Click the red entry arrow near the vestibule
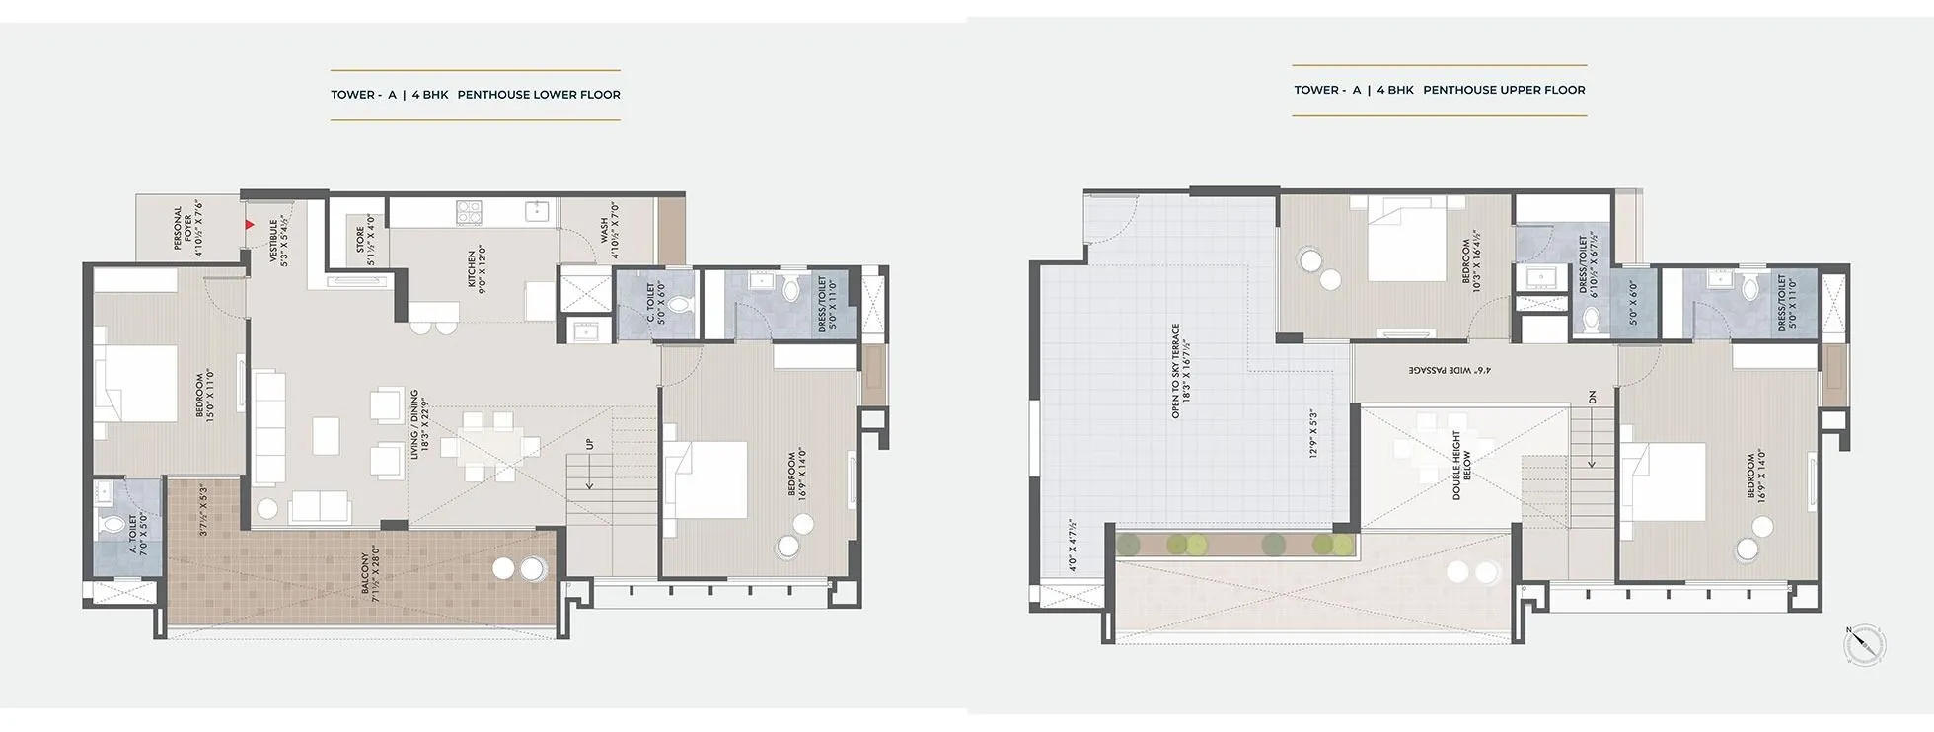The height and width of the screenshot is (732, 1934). pyautogui.click(x=251, y=225)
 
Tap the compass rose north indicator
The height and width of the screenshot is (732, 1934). pyautogui.click(x=1864, y=645)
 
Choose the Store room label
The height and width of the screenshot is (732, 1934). pyautogui.click(x=366, y=241)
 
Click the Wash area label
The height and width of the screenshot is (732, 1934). pyautogui.click(x=609, y=231)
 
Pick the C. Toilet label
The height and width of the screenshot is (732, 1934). pyautogui.click(x=656, y=303)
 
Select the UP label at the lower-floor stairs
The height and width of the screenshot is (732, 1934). pyautogui.click(x=590, y=444)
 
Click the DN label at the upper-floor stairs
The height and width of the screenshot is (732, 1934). pyautogui.click(x=1592, y=398)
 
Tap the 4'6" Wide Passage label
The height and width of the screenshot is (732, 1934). pyautogui.click(x=1449, y=370)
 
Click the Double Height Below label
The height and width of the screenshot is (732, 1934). pyautogui.click(x=1461, y=465)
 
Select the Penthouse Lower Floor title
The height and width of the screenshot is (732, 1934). pyautogui.click(x=476, y=95)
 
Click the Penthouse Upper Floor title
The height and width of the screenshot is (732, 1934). pyautogui.click(x=1440, y=90)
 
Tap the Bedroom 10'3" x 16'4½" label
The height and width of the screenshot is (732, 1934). pyautogui.click(x=1471, y=258)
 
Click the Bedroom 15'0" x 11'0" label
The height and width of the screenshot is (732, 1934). pyautogui.click(x=205, y=394)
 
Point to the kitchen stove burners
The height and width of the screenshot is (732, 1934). pyautogui.click(x=469, y=211)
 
